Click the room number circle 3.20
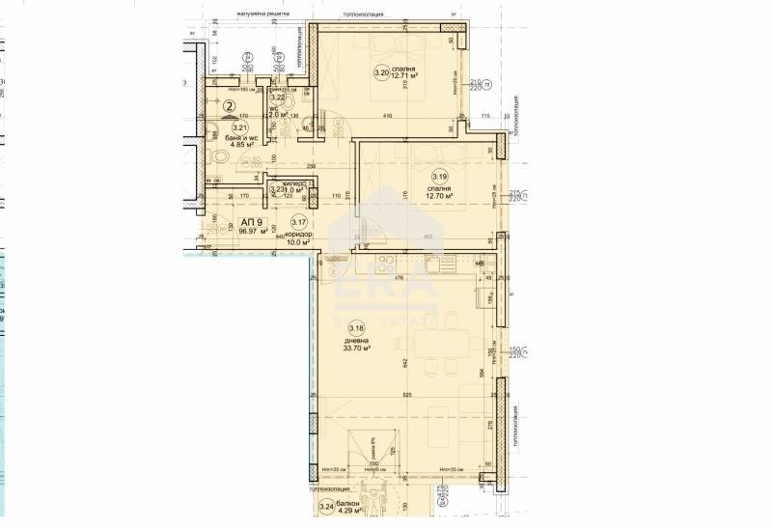tap(382, 71)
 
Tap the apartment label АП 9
tap(225, 221)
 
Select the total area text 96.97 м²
tap(226, 231)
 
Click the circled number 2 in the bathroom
tap(230, 109)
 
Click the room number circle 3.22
tap(277, 97)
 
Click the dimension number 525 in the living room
tap(408, 395)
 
